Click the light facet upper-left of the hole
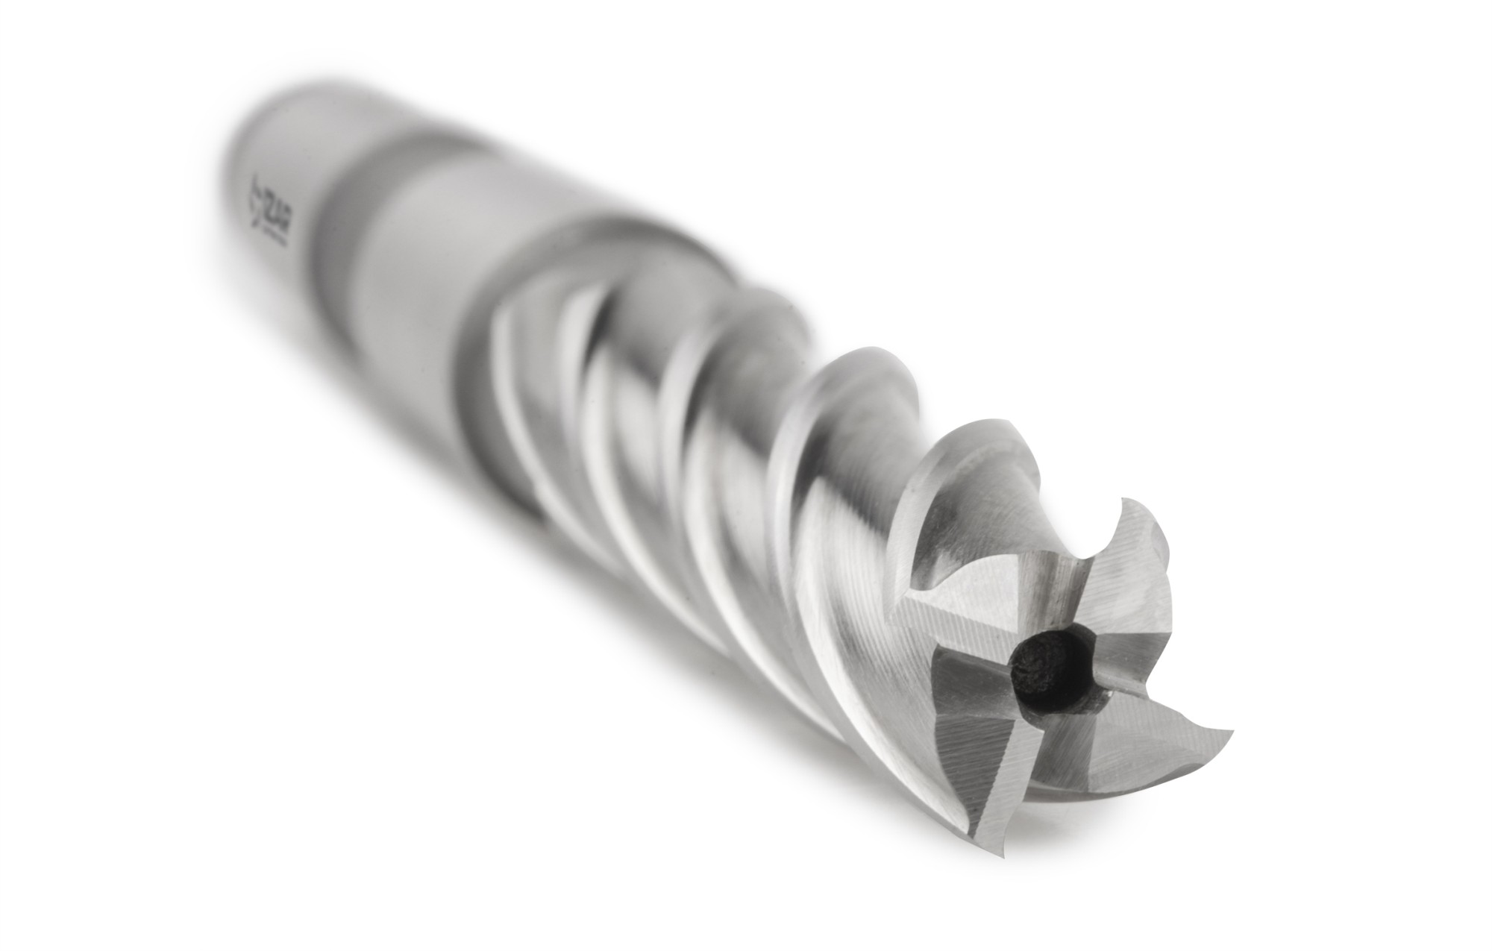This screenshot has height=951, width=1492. coord(970,604)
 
